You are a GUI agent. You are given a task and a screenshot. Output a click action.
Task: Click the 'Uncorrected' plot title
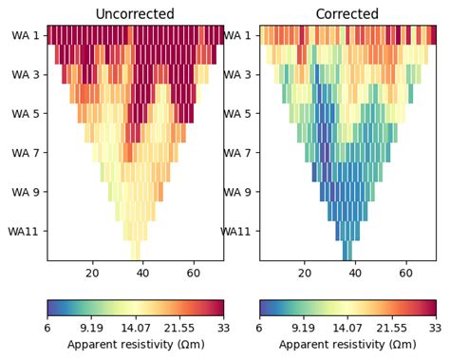click(x=135, y=13)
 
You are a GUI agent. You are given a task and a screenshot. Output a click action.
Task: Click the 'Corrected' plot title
click(x=347, y=13)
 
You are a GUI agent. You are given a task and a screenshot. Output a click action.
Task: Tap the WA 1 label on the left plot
click(x=25, y=35)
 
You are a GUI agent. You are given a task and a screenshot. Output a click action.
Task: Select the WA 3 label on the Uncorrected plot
click(x=25, y=74)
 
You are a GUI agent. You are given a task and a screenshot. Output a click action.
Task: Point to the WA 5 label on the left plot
click(x=25, y=113)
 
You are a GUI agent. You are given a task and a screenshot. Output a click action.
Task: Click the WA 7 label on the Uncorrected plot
click(x=25, y=152)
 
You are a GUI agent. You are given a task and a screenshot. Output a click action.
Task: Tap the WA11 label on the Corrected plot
click(x=236, y=230)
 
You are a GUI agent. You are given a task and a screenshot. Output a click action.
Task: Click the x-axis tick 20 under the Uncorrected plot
click(x=92, y=274)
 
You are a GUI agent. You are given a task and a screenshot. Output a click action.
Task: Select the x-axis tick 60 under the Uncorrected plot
click(x=194, y=274)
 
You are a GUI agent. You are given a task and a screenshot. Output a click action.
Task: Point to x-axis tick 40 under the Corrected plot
click(x=355, y=274)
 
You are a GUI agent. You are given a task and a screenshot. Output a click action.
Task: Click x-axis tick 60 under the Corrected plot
click(x=406, y=274)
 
